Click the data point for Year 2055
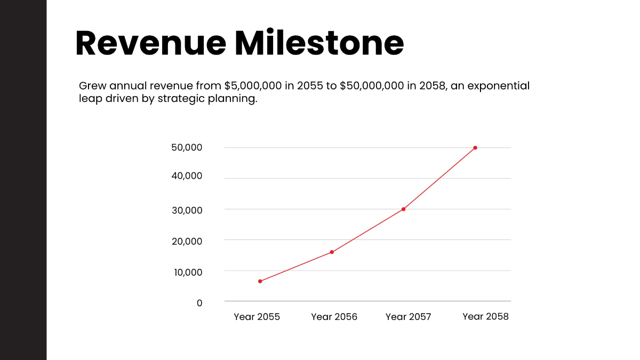click(260, 281)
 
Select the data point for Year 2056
click(332, 252)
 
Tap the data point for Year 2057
click(403, 209)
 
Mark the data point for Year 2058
click(475, 148)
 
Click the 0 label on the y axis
click(199, 303)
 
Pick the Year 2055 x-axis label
click(257, 317)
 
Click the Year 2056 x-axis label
click(334, 317)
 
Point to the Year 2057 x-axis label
click(408, 317)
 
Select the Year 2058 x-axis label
click(485, 317)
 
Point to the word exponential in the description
click(498, 86)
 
